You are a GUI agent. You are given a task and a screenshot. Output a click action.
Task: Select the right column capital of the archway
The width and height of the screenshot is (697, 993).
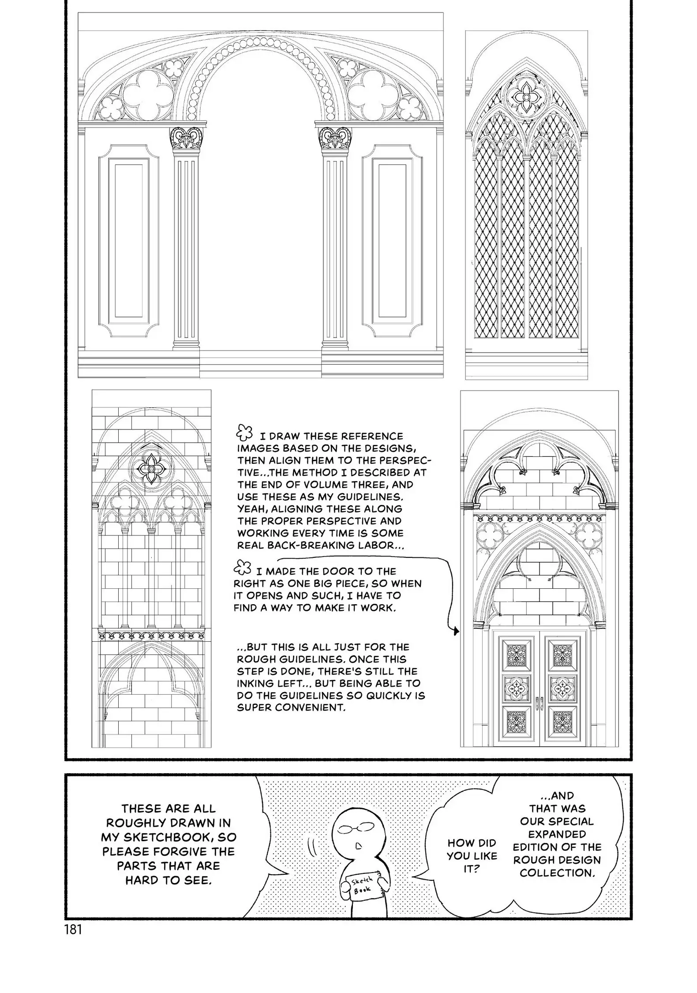pyautogui.click(x=334, y=138)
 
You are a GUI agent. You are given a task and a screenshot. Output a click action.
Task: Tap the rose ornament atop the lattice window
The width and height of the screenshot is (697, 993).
pyautogui.click(x=526, y=96)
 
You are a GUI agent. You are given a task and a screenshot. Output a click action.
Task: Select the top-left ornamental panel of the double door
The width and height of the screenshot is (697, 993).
pyautogui.click(x=515, y=654)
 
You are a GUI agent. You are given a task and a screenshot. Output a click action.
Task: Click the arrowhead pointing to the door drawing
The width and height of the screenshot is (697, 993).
pyautogui.click(x=456, y=632)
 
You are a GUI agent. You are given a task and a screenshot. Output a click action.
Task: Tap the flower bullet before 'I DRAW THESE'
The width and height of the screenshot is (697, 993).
pyautogui.click(x=244, y=433)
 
